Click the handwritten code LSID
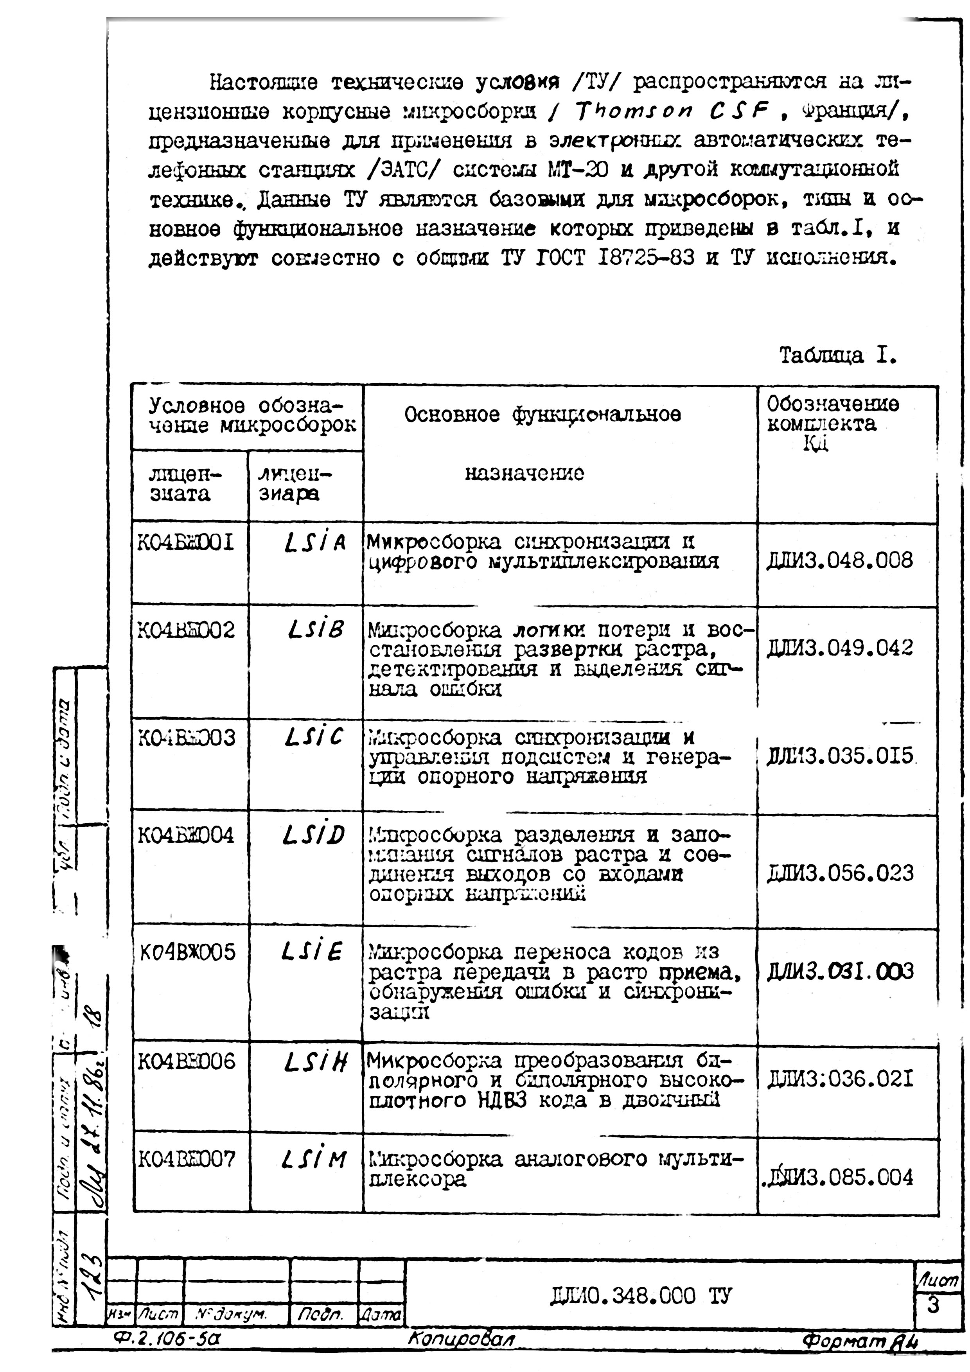tap(313, 835)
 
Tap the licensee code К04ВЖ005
tap(188, 951)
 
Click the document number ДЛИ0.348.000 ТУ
tap(639, 1297)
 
